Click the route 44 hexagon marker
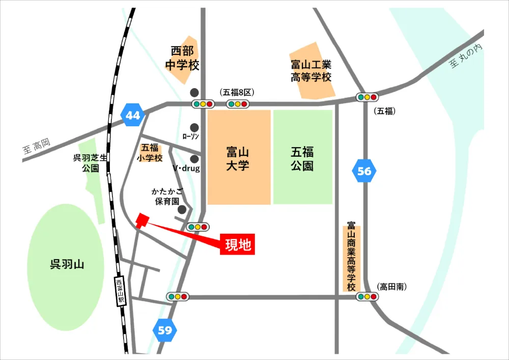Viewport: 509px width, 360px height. (x=133, y=116)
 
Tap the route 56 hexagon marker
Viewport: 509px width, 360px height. (x=364, y=171)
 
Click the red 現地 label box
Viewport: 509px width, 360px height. (x=238, y=245)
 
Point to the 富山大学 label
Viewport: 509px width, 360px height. (x=238, y=158)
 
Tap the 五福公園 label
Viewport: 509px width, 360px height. (x=302, y=158)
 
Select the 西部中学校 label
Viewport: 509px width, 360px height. (x=183, y=58)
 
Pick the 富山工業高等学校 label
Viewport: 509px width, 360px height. (x=311, y=71)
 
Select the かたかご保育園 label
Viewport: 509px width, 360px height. (x=167, y=196)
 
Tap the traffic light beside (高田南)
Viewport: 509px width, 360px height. (x=366, y=296)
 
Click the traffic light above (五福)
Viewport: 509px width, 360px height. (x=367, y=97)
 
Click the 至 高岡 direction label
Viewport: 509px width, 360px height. (x=37, y=148)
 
